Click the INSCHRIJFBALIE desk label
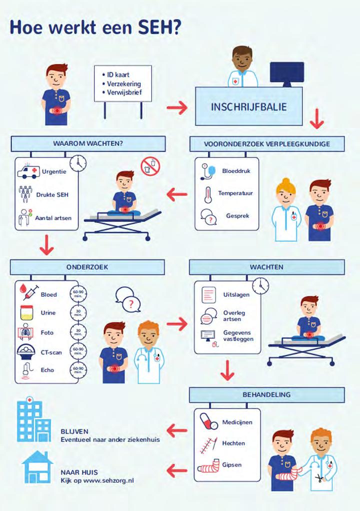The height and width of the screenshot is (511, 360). coord(248,107)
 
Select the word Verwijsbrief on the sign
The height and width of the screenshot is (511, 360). coord(124,92)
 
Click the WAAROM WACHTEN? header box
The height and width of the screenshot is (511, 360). coord(88,144)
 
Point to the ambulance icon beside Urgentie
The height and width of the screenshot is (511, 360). coord(27,171)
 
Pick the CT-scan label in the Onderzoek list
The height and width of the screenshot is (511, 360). coord(51,352)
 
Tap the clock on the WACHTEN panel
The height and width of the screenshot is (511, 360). coord(260,286)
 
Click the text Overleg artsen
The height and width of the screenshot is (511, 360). coord(234,316)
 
